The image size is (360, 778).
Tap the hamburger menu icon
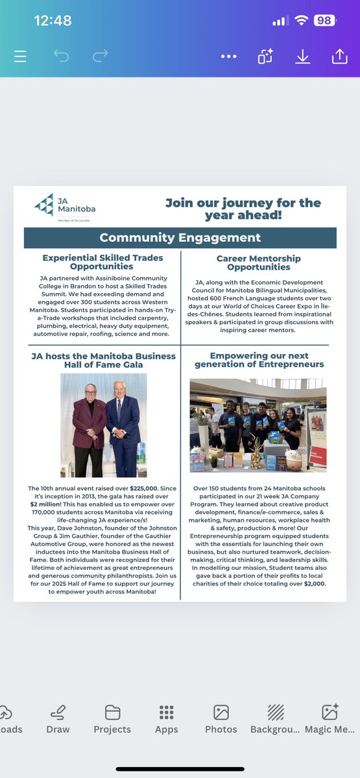(x=20, y=56)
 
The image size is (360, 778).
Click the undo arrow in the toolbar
(x=62, y=56)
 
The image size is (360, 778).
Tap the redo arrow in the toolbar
(x=100, y=56)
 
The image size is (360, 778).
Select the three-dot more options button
(x=228, y=56)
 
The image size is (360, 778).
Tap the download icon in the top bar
(x=302, y=56)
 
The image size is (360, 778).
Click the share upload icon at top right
(x=339, y=56)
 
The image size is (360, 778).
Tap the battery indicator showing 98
(x=324, y=21)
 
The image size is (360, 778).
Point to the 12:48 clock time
(x=53, y=21)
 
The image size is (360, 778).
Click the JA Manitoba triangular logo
(x=45, y=204)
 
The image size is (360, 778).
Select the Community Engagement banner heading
(x=180, y=238)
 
